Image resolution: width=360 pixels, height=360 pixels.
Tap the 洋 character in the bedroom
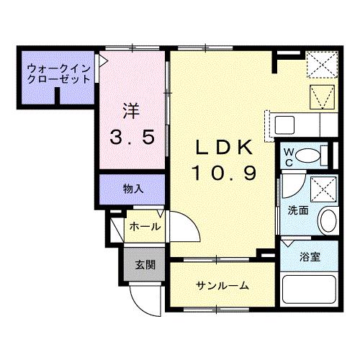pyautogui.click(x=130, y=112)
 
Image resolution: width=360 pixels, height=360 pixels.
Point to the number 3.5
pyautogui.click(x=131, y=138)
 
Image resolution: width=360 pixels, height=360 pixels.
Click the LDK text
pyautogui.click(x=224, y=147)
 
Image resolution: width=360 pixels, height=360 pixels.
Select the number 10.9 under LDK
pyautogui.click(x=224, y=173)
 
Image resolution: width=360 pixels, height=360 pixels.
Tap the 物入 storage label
pyautogui.click(x=132, y=189)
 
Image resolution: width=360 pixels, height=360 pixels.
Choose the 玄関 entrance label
pyautogui.click(x=144, y=264)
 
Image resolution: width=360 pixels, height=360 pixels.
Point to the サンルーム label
pyautogui.click(x=222, y=286)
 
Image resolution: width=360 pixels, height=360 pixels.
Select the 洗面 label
pyautogui.click(x=299, y=211)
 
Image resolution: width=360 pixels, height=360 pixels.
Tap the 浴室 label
pyautogui.click(x=311, y=256)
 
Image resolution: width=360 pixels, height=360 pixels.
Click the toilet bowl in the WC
pyautogui.click(x=311, y=154)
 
